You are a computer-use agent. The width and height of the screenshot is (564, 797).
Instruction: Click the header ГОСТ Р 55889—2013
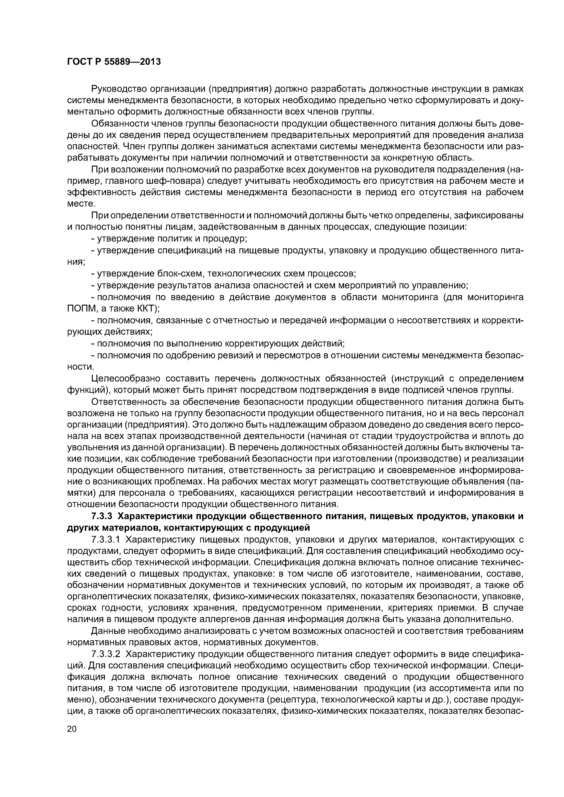tap(114, 62)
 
